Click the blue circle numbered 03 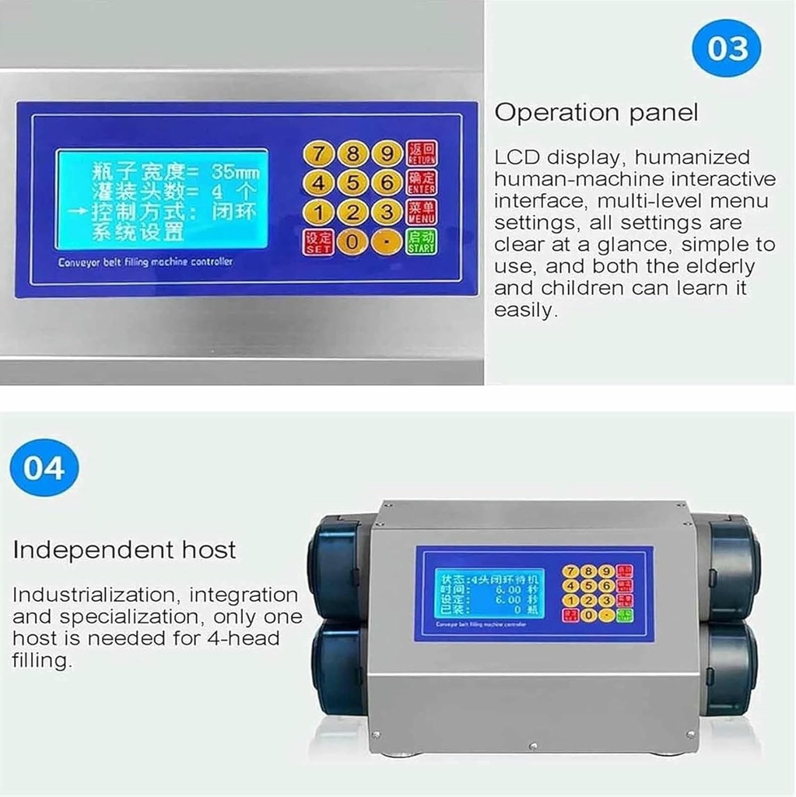[x=725, y=47]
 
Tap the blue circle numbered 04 [x=44, y=468]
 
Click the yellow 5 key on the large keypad [x=352, y=183]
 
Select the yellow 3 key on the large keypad [x=386, y=212]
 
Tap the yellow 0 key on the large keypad [x=352, y=241]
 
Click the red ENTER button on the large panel [x=422, y=183]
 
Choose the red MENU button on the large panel [x=422, y=212]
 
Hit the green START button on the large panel [x=422, y=241]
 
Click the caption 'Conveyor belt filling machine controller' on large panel [x=145, y=262]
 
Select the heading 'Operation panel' [x=596, y=113]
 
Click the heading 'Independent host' [x=124, y=550]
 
